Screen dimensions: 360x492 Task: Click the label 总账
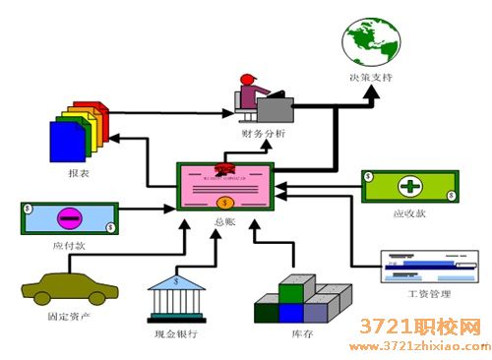pos(224,222)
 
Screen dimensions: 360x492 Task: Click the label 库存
pos(302,335)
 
